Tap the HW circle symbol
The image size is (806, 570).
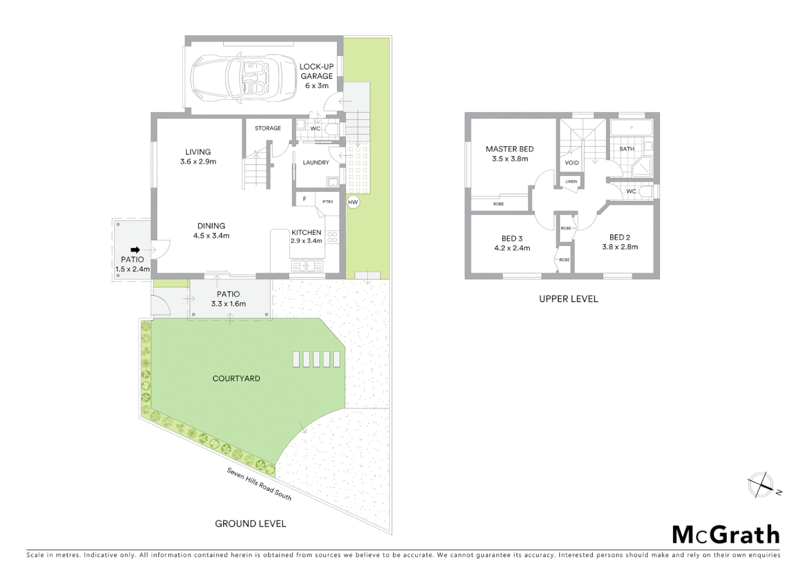pos(353,202)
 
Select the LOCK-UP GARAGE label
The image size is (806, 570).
pos(316,76)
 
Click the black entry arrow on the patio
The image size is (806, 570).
pos(135,250)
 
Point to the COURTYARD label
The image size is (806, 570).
pos(236,378)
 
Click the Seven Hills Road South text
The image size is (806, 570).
pos(259,483)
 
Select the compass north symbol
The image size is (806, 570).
pos(761,485)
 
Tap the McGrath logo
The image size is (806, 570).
pos(726,535)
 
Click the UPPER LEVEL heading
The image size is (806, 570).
pos(569,299)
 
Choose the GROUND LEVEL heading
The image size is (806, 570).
pos(251,524)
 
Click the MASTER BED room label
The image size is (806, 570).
pos(510,149)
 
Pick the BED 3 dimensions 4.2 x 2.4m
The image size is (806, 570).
pos(512,248)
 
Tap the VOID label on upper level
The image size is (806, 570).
pos(572,163)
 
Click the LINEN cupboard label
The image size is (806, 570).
pos(571,182)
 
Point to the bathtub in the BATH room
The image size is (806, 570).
pos(631,128)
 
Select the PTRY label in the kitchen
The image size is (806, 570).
pos(328,202)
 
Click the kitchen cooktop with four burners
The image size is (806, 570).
pos(332,237)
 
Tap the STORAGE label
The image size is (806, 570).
pos(268,128)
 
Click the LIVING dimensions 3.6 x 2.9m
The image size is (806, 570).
pos(198,161)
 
